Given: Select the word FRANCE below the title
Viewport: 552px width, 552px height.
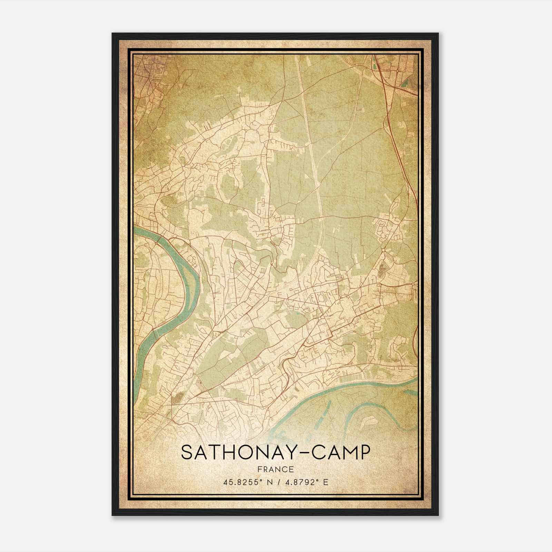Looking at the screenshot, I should click(x=275, y=469).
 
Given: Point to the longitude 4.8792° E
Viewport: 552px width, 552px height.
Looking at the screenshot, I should click(x=303, y=482).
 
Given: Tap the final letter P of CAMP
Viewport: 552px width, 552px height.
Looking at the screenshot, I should click(x=364, y=452).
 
